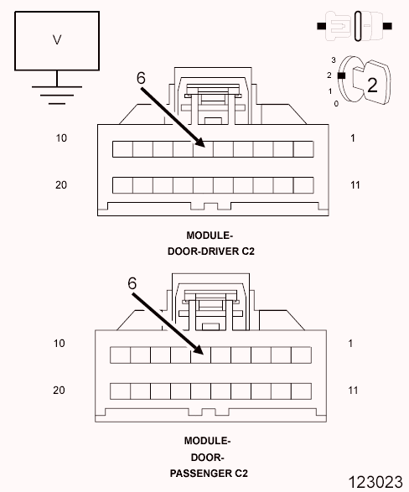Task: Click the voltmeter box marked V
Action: [57, 41]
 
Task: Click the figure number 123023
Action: [375, 482]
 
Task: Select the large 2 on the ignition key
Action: [372, 85]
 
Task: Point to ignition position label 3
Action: [334, 60]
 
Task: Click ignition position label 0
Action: [336, 104]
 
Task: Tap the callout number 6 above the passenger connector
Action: [132, 283]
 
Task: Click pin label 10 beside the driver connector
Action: [61, 138]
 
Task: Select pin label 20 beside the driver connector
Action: [61, 184]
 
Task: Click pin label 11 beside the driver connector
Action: [355, 184]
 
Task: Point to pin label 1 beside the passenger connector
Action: [350, 344]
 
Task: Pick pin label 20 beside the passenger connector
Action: [59, 390]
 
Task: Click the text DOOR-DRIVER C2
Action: [211, 251]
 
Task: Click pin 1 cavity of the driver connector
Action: [303, 149]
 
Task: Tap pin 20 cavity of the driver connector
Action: [122, 185]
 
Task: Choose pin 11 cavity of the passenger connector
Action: [301, 391]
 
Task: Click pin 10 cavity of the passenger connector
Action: [120, 355]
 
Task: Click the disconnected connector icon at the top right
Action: [355, 26]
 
